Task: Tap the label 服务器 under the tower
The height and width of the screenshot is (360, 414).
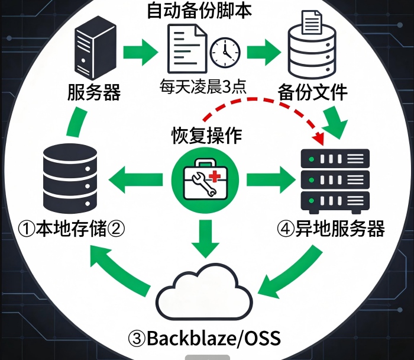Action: (95, 92)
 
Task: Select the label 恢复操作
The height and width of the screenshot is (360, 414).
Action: (206, 135)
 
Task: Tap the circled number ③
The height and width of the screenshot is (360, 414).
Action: (136, 339)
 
